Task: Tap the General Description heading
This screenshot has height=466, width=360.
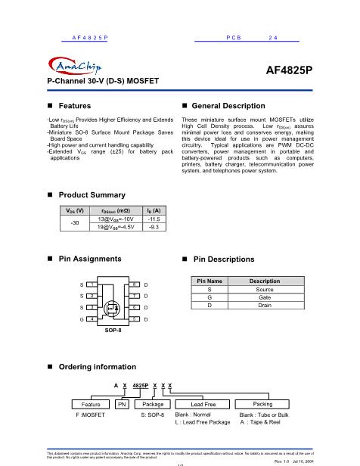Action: click(233, 106)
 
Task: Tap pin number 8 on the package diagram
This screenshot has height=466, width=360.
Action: click(134, 283)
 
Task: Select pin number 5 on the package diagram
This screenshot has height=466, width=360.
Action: click(134, 319)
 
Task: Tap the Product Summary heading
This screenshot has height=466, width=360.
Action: click(92, 194)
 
